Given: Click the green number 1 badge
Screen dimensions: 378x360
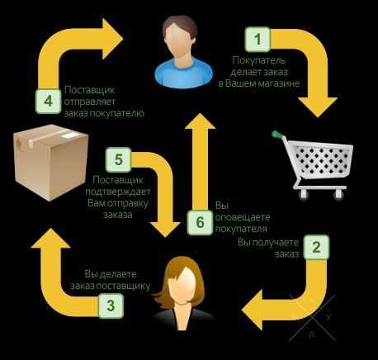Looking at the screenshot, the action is click(258, 40).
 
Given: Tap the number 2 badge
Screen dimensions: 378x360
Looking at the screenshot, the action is click(316, 247).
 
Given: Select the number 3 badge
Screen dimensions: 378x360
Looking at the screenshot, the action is click(111, 306).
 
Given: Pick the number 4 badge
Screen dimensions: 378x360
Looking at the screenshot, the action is click(49, 101).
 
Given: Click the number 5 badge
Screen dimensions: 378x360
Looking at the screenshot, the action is click(119, 159).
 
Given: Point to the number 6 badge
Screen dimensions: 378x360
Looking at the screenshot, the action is click(200, 222).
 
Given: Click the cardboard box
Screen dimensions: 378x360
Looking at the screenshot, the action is click(51, 163).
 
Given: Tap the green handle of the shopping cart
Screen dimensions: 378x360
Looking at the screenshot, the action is click(277, 135).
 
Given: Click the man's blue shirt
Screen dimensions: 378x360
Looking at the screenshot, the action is click(184, 73).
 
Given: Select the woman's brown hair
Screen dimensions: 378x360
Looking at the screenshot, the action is click(184, 278).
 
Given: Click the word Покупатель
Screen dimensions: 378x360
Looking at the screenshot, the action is click(259, 60).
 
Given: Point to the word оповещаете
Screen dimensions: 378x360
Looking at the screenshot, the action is click(243, 217).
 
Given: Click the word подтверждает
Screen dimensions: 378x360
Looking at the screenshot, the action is click(118, 192).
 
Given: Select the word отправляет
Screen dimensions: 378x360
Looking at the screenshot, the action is click(89, 102).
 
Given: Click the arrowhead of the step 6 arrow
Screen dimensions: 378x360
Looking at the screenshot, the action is click(200, 121).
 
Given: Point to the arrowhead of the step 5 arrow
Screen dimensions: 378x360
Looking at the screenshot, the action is click(165, 230).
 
